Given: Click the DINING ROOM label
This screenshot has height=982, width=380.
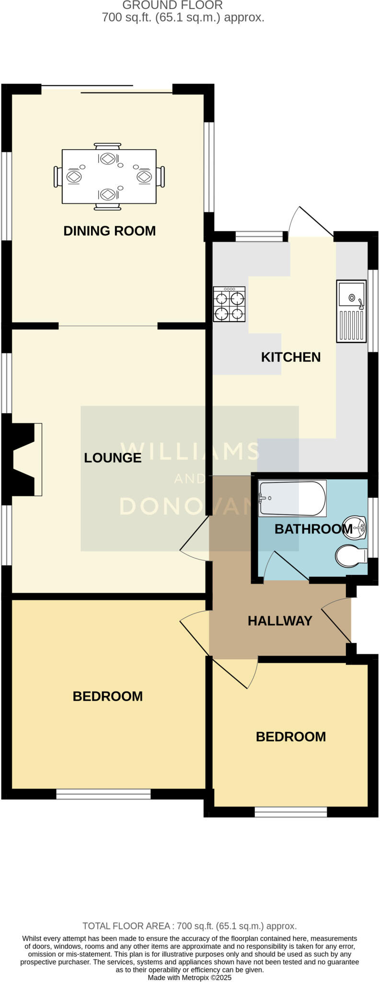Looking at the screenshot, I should click(109, 231).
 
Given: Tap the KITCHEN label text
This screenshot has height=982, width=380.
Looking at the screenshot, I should click(290, 357).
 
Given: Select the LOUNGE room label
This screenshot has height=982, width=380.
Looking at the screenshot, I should click(113, 457).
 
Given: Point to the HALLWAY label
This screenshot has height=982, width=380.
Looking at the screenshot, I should click(280, 621).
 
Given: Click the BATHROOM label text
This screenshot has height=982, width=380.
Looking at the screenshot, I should click(313, 529).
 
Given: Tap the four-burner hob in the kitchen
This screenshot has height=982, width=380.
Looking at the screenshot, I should click(229, 304).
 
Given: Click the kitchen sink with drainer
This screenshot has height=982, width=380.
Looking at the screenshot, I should click(351, 311).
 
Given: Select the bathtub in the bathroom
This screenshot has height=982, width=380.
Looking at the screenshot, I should click(292, 499).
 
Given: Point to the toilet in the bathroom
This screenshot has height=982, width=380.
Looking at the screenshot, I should click(351, 556).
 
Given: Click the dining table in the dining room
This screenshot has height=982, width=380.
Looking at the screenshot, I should click(109, 176).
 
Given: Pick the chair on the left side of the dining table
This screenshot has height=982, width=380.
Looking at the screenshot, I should click(58, 176).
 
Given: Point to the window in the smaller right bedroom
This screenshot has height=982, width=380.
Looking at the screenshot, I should click(290, 811).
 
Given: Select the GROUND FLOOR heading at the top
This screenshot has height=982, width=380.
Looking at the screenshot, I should click(173, 5).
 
